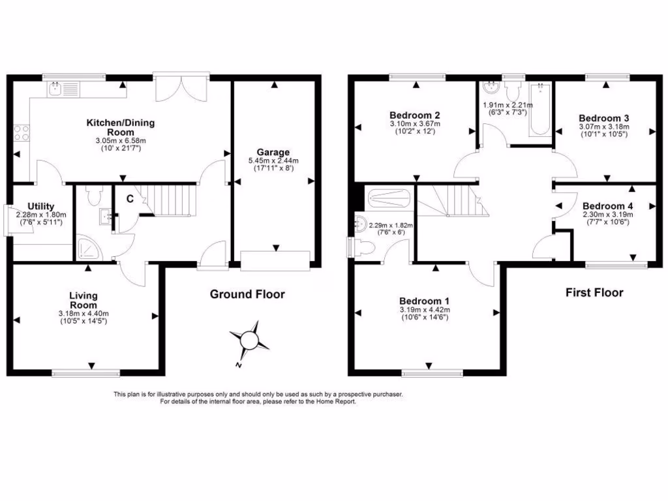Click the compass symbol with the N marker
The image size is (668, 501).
click(x=249, y=340)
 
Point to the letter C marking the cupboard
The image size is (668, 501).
click(x=130, y=198)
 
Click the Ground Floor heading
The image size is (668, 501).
click(x=247, y=294)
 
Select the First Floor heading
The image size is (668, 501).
click(x=594, y=292)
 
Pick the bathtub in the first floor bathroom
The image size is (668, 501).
click(x=539, y=109)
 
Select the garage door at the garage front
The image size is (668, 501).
click(x=275, y=261)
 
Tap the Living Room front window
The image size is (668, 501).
click(x=85, y=373)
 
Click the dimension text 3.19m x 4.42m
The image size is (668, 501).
click(x=425, y=310)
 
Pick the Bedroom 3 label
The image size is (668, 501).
click(x=603, y=118)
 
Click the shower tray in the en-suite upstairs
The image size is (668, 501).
click(x=389, y=198)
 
